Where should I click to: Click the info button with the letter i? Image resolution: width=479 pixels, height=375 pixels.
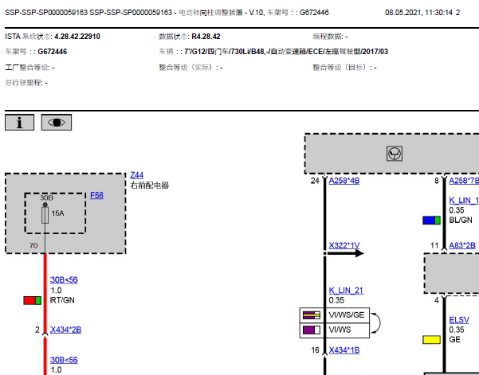coord(20,123)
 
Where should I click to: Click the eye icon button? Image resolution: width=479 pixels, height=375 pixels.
coord(57,123)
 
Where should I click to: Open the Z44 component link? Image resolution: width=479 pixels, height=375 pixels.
coord(137,175)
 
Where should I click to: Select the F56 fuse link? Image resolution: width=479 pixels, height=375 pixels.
coord(97,195)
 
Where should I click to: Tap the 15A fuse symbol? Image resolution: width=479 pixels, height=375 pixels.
coord(45,215)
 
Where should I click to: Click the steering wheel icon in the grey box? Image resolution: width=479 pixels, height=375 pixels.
coord(395,154)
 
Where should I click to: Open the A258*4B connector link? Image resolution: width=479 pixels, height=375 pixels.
coord(344,181)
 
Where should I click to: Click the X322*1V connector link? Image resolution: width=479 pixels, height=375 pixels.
coord(344,245)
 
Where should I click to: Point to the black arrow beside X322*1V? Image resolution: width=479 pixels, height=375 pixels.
coord(344,253)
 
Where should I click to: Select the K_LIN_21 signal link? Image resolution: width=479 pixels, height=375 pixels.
coord(346,290)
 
